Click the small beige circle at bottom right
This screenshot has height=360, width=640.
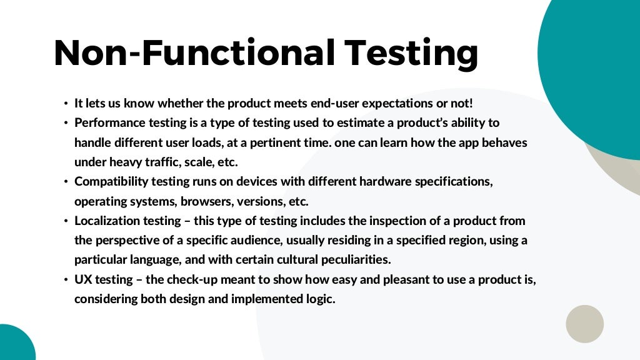coord(584,324)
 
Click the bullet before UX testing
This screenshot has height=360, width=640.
coord(65,280)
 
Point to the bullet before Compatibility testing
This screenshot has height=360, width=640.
coord(65,182)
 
